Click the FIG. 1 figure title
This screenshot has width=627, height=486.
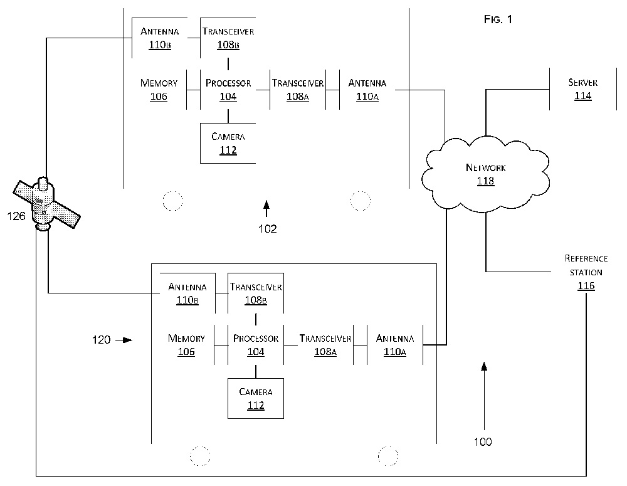(x=498, y=20)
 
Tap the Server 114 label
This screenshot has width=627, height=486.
(x=582, y=89)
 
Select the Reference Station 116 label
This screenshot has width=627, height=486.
(x=586, y=272)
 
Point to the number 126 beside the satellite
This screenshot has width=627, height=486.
(x=17, y=216)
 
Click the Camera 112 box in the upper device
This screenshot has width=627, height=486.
(x=228, y=143)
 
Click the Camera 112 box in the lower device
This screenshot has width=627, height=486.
(x=255, y=398)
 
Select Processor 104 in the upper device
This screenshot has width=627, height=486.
(x=228, y=89)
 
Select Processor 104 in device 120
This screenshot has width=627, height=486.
(x=256, y=345)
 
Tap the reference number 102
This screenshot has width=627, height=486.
(x=267, y=229)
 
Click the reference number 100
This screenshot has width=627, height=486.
(x=483, y=442)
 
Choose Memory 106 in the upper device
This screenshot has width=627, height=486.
(x=159, y=89)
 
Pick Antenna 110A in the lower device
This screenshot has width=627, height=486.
(x=391, y=345)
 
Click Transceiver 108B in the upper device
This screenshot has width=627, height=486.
(x=228, y=37)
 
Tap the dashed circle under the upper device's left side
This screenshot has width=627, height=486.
(x=172, y=201)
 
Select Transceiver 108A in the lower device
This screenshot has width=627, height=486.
(x=325, y=345)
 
